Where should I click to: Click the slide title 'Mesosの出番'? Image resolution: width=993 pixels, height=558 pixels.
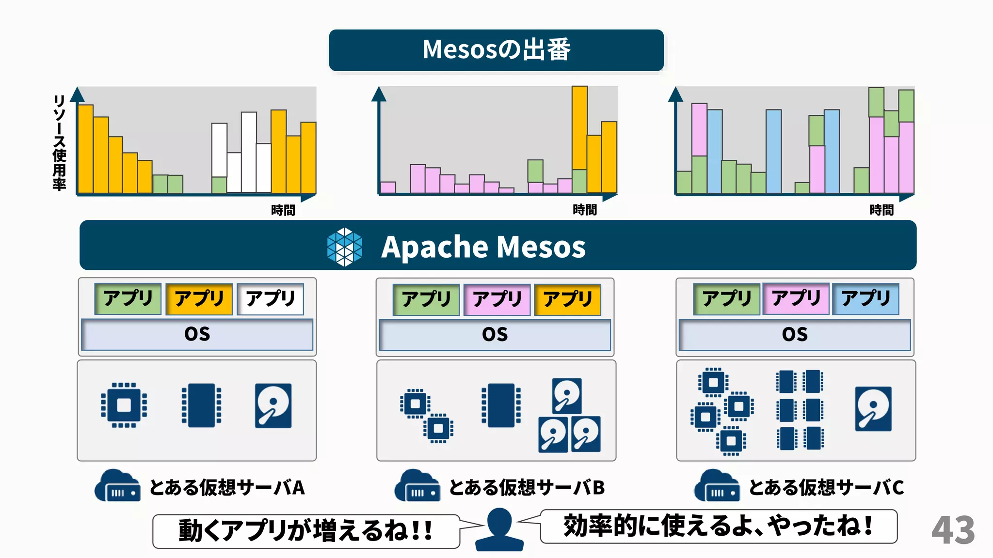pyautogui.click(x=496, y=50)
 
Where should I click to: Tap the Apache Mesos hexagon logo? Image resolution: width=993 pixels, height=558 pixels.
pyautogui.click(x=344, y=247)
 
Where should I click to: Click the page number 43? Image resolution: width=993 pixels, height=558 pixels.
pyautogui.click(x=953, y=530)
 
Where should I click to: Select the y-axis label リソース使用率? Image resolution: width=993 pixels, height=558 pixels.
pyautogui.click(x=59, y=142)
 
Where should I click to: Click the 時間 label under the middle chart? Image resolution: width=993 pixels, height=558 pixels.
pyautogui.click(x=585, y=210)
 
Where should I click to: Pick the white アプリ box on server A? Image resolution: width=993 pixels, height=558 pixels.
pyautogui.click(x=270, y=299)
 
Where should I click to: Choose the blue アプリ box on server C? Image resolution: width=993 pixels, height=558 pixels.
pyautogui.click(x=865, y=299)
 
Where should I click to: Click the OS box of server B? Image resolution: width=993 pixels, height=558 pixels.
pyautogui.click(x=495, y=334)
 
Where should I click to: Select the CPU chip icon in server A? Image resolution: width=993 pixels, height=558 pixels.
pyautogui.click(x=124, y=405)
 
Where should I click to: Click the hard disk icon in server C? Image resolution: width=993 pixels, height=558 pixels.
pyautogui.click(x=873, y=408)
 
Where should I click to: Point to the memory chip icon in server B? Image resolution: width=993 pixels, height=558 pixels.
pyautogui.click(x=501, y=405)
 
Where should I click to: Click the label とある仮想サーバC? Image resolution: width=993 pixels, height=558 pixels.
pyautogui.click(x=826, y=487)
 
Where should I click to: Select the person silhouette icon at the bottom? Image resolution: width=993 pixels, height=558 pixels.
pyautogui.click(x=499, y=529)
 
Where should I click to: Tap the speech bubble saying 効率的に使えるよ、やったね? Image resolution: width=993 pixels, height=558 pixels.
pyautogui.click(x=718, y=527)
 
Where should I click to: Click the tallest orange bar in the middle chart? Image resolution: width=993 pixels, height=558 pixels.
pyautogui.click(x=579, y=128)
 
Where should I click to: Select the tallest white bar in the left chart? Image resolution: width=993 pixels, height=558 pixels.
pyautogui.click(x=249, y=152)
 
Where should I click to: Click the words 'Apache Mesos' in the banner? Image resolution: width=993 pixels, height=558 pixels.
pyautogui.click(x=483, y=247)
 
